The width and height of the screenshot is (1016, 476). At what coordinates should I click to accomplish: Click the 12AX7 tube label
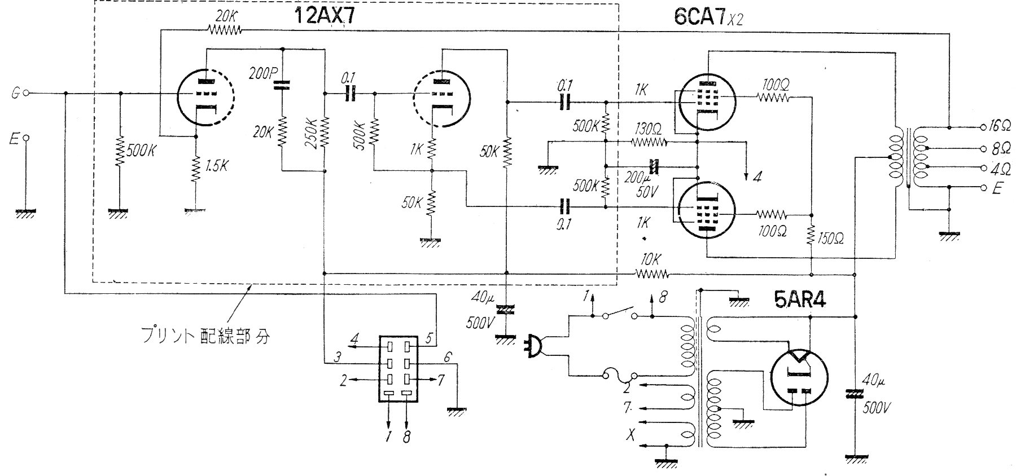325,16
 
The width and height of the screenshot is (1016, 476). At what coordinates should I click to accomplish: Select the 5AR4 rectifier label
800,301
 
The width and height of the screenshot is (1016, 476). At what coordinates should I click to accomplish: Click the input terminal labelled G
16,93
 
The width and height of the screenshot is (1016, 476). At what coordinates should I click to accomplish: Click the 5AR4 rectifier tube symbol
798,376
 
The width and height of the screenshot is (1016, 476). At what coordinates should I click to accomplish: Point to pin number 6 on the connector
448,356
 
